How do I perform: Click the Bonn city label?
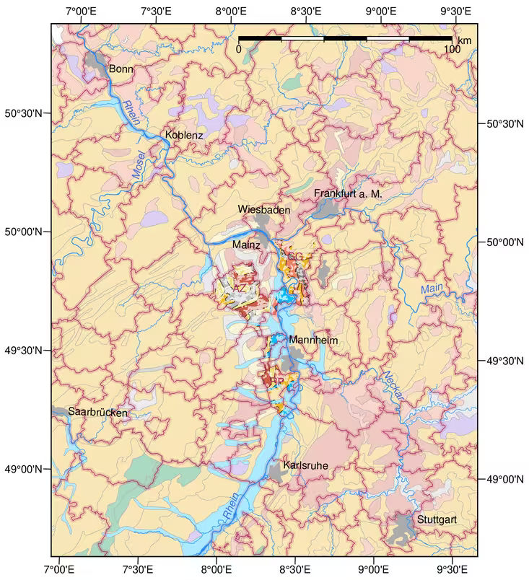tap(121, 69)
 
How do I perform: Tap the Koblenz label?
tap(184, 135)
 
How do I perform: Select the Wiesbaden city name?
tap(264, 209)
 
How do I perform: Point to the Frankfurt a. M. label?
tap(347, 194)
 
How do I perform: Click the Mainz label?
tap(246, 245)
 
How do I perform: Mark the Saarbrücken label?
tap(97, 413)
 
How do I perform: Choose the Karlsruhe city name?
tap(306, 466)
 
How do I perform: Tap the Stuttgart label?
tap(437, 519)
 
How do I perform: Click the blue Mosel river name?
tap(139, 164)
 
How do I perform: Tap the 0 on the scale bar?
tap(239, 49)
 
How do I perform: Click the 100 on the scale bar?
tap(452, 49)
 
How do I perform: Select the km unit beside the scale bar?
tap(464, 40)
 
